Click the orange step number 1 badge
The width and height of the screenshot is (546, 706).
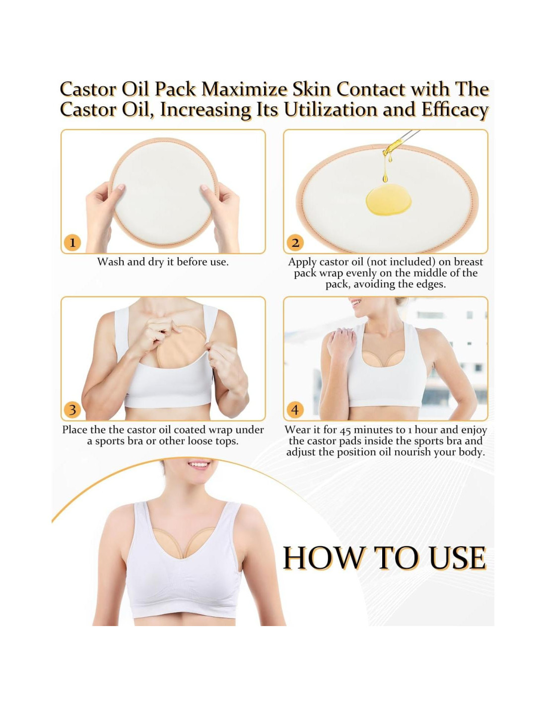pos(72,242)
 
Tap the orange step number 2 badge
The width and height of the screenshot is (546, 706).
pos(295,242)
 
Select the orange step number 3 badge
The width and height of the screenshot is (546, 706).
pos(72,410)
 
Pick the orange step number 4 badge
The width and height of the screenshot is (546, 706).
pos(295,410)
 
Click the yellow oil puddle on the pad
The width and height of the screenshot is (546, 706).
pos(389,200)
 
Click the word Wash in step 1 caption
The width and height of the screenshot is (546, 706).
pos(110,262)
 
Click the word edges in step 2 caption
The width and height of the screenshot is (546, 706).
pos(431,284)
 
